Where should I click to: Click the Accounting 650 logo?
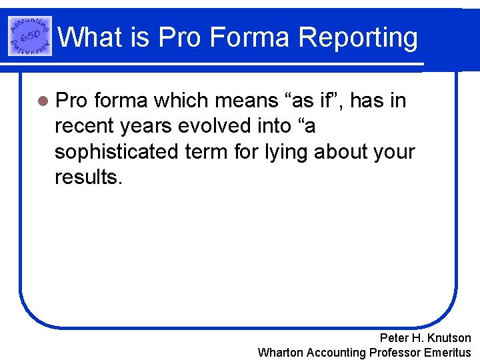coord(30,35)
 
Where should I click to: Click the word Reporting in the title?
coord(358,38)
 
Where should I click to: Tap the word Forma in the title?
coord(255,38)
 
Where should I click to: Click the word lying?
coord(281,151)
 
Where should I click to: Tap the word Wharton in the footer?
coord(283,353)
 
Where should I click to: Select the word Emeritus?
coord(447,353)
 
